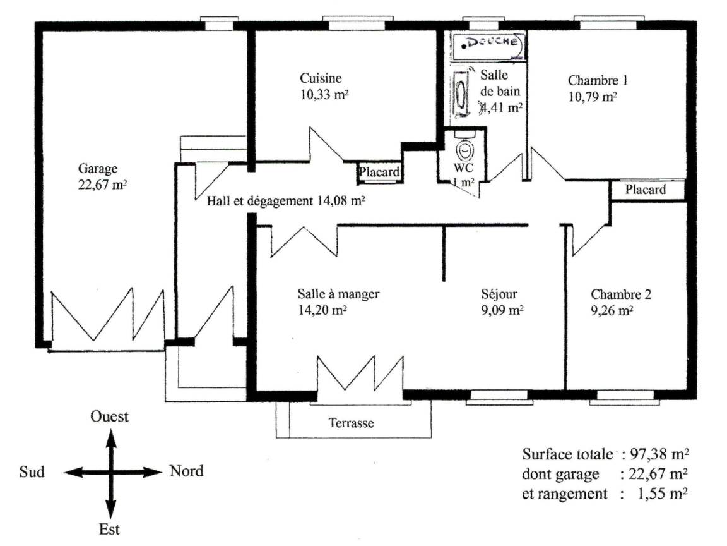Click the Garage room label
[98, 169]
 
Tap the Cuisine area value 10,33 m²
[324, 95]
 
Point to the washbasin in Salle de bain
[461, 93]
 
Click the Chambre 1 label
[598, 80]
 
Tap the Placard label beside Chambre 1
[645, 190]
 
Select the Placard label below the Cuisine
[379, 173]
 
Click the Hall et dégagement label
[259, 202]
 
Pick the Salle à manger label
[338, 294]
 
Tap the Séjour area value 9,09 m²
[502, 310]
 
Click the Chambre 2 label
[621, 294]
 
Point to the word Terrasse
[351, 423]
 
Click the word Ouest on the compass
[109, 416]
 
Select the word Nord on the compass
[186, 471]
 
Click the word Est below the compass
[109, 530]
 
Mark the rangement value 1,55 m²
[663, 494]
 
